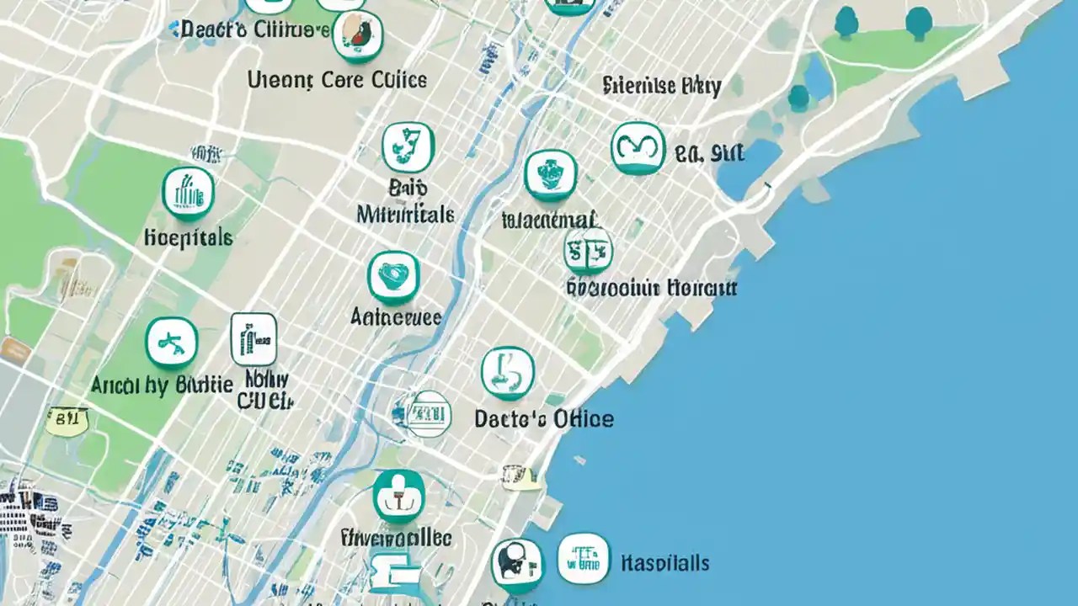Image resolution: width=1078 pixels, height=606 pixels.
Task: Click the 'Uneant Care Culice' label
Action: [x=337, y=81]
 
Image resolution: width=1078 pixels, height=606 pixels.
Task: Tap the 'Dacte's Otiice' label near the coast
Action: [x=543, y=418]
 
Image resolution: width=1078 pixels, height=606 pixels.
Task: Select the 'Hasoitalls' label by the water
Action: [x=664, y=563]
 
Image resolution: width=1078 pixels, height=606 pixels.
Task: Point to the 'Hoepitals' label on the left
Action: [x=188, y=237]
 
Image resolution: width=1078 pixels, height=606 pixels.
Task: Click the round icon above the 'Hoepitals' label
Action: [x=188, y=192]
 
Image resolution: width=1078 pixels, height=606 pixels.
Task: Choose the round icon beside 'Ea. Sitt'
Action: [x=638, y=149]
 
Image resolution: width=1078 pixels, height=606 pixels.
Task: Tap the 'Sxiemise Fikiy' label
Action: [x=662, y=87]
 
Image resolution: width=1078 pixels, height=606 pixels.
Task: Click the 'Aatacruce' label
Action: [x=396, y=317]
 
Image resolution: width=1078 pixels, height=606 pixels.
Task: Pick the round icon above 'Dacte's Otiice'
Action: [x=508, y=373]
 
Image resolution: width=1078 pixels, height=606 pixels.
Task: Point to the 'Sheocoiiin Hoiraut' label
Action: [x=652, y=288]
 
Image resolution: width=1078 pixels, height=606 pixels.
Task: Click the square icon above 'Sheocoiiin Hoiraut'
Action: [x=589, y=250]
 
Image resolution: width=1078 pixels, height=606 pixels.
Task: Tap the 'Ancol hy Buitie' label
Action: [x=161, y=385]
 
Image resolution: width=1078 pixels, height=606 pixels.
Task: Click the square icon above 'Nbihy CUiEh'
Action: [x=253, y=339]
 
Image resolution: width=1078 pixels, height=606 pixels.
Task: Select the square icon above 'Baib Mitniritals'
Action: [x=408, y=147]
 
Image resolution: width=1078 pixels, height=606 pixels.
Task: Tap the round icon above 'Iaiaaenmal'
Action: [x=551, y=176]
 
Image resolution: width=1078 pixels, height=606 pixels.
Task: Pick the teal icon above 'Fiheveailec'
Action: [x=398, y=497]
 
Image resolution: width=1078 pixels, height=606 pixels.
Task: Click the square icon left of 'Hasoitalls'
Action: [x=583, y=558]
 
